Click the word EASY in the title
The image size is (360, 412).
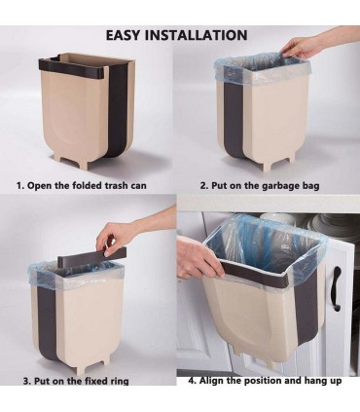click(x=123, y=35)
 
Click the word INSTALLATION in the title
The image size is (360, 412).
click(x=196, y=35)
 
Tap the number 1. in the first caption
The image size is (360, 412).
click(x=20, y=186)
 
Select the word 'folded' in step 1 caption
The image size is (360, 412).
click(x=87, y=186)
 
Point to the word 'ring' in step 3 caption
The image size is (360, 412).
click(x=119, y=381)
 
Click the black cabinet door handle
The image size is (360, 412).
click(x=337, y=288)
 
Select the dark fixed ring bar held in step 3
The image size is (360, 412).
click(x=91, y=255)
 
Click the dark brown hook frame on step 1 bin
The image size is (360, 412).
click(x=73, y=65)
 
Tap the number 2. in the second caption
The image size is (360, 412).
click(x=203, y=186)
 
